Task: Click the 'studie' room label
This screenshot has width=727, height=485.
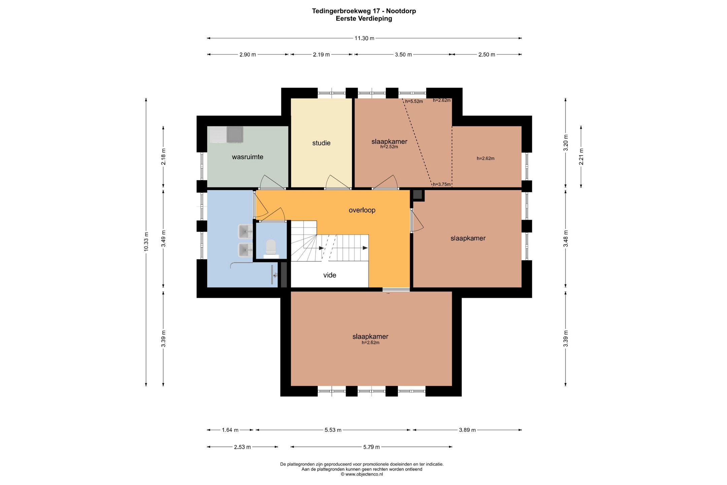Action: (x=321, y=143)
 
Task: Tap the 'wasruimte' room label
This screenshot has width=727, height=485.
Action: (x=247, y=157)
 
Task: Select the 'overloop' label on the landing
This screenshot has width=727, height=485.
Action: (x=362, y=210)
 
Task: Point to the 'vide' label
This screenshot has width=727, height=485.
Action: (x=330, y=275)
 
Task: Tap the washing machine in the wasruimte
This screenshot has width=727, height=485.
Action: (x=235, y=134)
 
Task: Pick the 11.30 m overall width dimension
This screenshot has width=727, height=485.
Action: (x=364, y=38)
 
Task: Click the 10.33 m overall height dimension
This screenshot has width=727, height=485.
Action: (x=146, y=242)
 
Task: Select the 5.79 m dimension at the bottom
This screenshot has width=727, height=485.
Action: (x=371, y=447)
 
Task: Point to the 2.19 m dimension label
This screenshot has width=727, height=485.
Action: (x=321, y=55)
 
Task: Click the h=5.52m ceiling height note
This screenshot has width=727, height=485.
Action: (x=414, y=101)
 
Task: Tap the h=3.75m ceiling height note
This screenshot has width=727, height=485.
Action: (x=442, y=184)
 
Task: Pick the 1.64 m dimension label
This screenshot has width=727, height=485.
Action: (x=230, y=430)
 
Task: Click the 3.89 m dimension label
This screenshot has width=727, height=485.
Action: (x=468, y=430)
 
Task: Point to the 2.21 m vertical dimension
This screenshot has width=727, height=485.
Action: (x=581, y=157)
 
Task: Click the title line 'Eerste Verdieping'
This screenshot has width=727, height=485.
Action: (x=364, y=19)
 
